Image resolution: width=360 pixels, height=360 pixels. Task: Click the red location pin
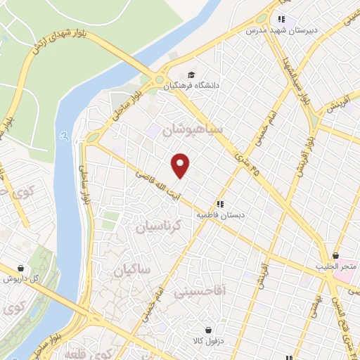[x=181, y=165]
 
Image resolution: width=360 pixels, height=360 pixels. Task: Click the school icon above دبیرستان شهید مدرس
[x=281, y=20]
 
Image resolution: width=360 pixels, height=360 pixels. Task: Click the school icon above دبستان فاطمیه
[x=220, y=203]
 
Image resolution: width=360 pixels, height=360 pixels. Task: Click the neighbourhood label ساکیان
[x=131, y=269]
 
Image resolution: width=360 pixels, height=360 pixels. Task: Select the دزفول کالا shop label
[x=209, y=341]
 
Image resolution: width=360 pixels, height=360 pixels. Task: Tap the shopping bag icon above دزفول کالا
[x=209, y=330]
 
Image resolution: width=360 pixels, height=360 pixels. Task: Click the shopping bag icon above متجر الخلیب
[x=335, y=255]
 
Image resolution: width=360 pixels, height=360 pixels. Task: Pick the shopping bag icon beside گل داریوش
[x=20, y=268]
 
